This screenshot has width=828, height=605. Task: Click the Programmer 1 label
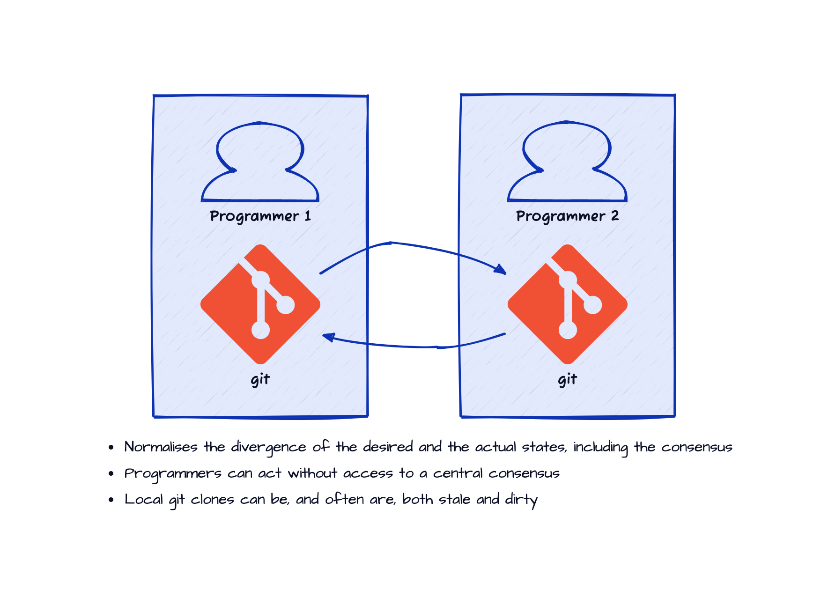tap(260, 216)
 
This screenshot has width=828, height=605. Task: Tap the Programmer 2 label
tap(567, 216)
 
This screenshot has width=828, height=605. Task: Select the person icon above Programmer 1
tap(260, 162)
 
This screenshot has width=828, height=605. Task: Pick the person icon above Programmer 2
tap(567, 162)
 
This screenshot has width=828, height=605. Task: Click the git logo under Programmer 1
tap(260, 304)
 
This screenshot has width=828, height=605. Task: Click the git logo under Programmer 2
tap(568, 304)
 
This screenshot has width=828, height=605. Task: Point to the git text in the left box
tap(260, 379)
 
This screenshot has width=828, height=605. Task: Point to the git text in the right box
tap(568, 379)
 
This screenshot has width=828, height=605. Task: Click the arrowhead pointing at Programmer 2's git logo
tap(501, 270)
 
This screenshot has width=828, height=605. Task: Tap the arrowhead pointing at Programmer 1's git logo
tap(328, 337)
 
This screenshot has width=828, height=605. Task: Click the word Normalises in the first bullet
tap(161, 447)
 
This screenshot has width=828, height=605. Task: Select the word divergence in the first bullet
tap(268, 448)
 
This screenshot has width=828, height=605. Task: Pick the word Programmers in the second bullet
tap(173, 473)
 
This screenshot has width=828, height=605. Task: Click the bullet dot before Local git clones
tap(111, 500)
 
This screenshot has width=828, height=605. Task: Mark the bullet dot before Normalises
tap(111, 448)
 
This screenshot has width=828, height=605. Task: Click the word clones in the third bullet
tap(212, 499)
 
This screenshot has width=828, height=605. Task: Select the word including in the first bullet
tap(600, 448)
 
